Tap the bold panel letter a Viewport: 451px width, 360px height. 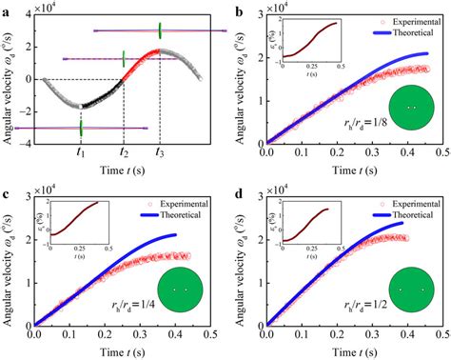[7, 7]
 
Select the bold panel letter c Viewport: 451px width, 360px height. [7, 187]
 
